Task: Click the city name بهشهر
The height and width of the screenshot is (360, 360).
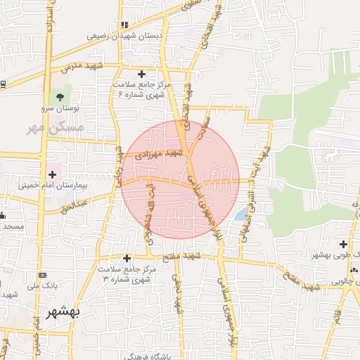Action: [x=63, y=312]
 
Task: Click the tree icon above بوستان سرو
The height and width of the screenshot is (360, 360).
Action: [x=60, y=97]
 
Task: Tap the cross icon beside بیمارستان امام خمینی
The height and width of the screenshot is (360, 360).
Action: [x=53, y=174]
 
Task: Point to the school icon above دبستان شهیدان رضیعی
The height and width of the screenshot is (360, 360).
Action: [x=124, y=25]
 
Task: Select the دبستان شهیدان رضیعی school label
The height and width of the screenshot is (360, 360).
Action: [x=124, y=35]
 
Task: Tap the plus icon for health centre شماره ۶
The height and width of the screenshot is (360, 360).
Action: [x=142, y=73]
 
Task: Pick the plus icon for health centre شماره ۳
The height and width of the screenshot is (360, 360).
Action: [x=126, y=258]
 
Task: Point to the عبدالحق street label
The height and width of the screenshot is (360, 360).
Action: [x=74, y=206]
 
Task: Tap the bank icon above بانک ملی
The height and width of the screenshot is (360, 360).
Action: [x=42, y=275]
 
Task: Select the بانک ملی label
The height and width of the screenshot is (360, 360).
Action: [x=42, y=285]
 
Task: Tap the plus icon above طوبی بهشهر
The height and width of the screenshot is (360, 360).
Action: [x=343, y=244]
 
